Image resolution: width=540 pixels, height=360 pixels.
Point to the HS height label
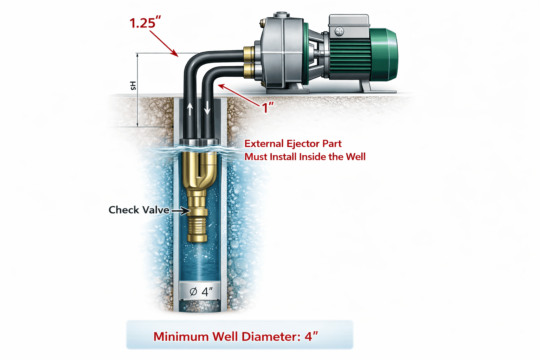(x=133, y=85)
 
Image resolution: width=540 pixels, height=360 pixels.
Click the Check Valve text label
(x=139, y=210)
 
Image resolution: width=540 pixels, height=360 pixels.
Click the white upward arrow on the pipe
(x=190, y=109)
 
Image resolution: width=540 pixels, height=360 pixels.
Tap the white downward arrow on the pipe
(x=207, y=108)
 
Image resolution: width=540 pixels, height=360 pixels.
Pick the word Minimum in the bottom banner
(x=181, y=336)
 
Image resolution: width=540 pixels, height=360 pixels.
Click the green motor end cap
(x=384, y=54)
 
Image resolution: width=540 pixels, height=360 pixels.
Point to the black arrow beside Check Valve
(x=180, y=211)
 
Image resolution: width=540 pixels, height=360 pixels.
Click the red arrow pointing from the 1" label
(x=239, y=95)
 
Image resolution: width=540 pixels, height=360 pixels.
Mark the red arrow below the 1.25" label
(x=164, y=43)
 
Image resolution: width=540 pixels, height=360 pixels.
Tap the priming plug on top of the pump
(x=282, y=14)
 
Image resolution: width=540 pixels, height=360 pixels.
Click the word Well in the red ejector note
(x=355, y=157)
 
